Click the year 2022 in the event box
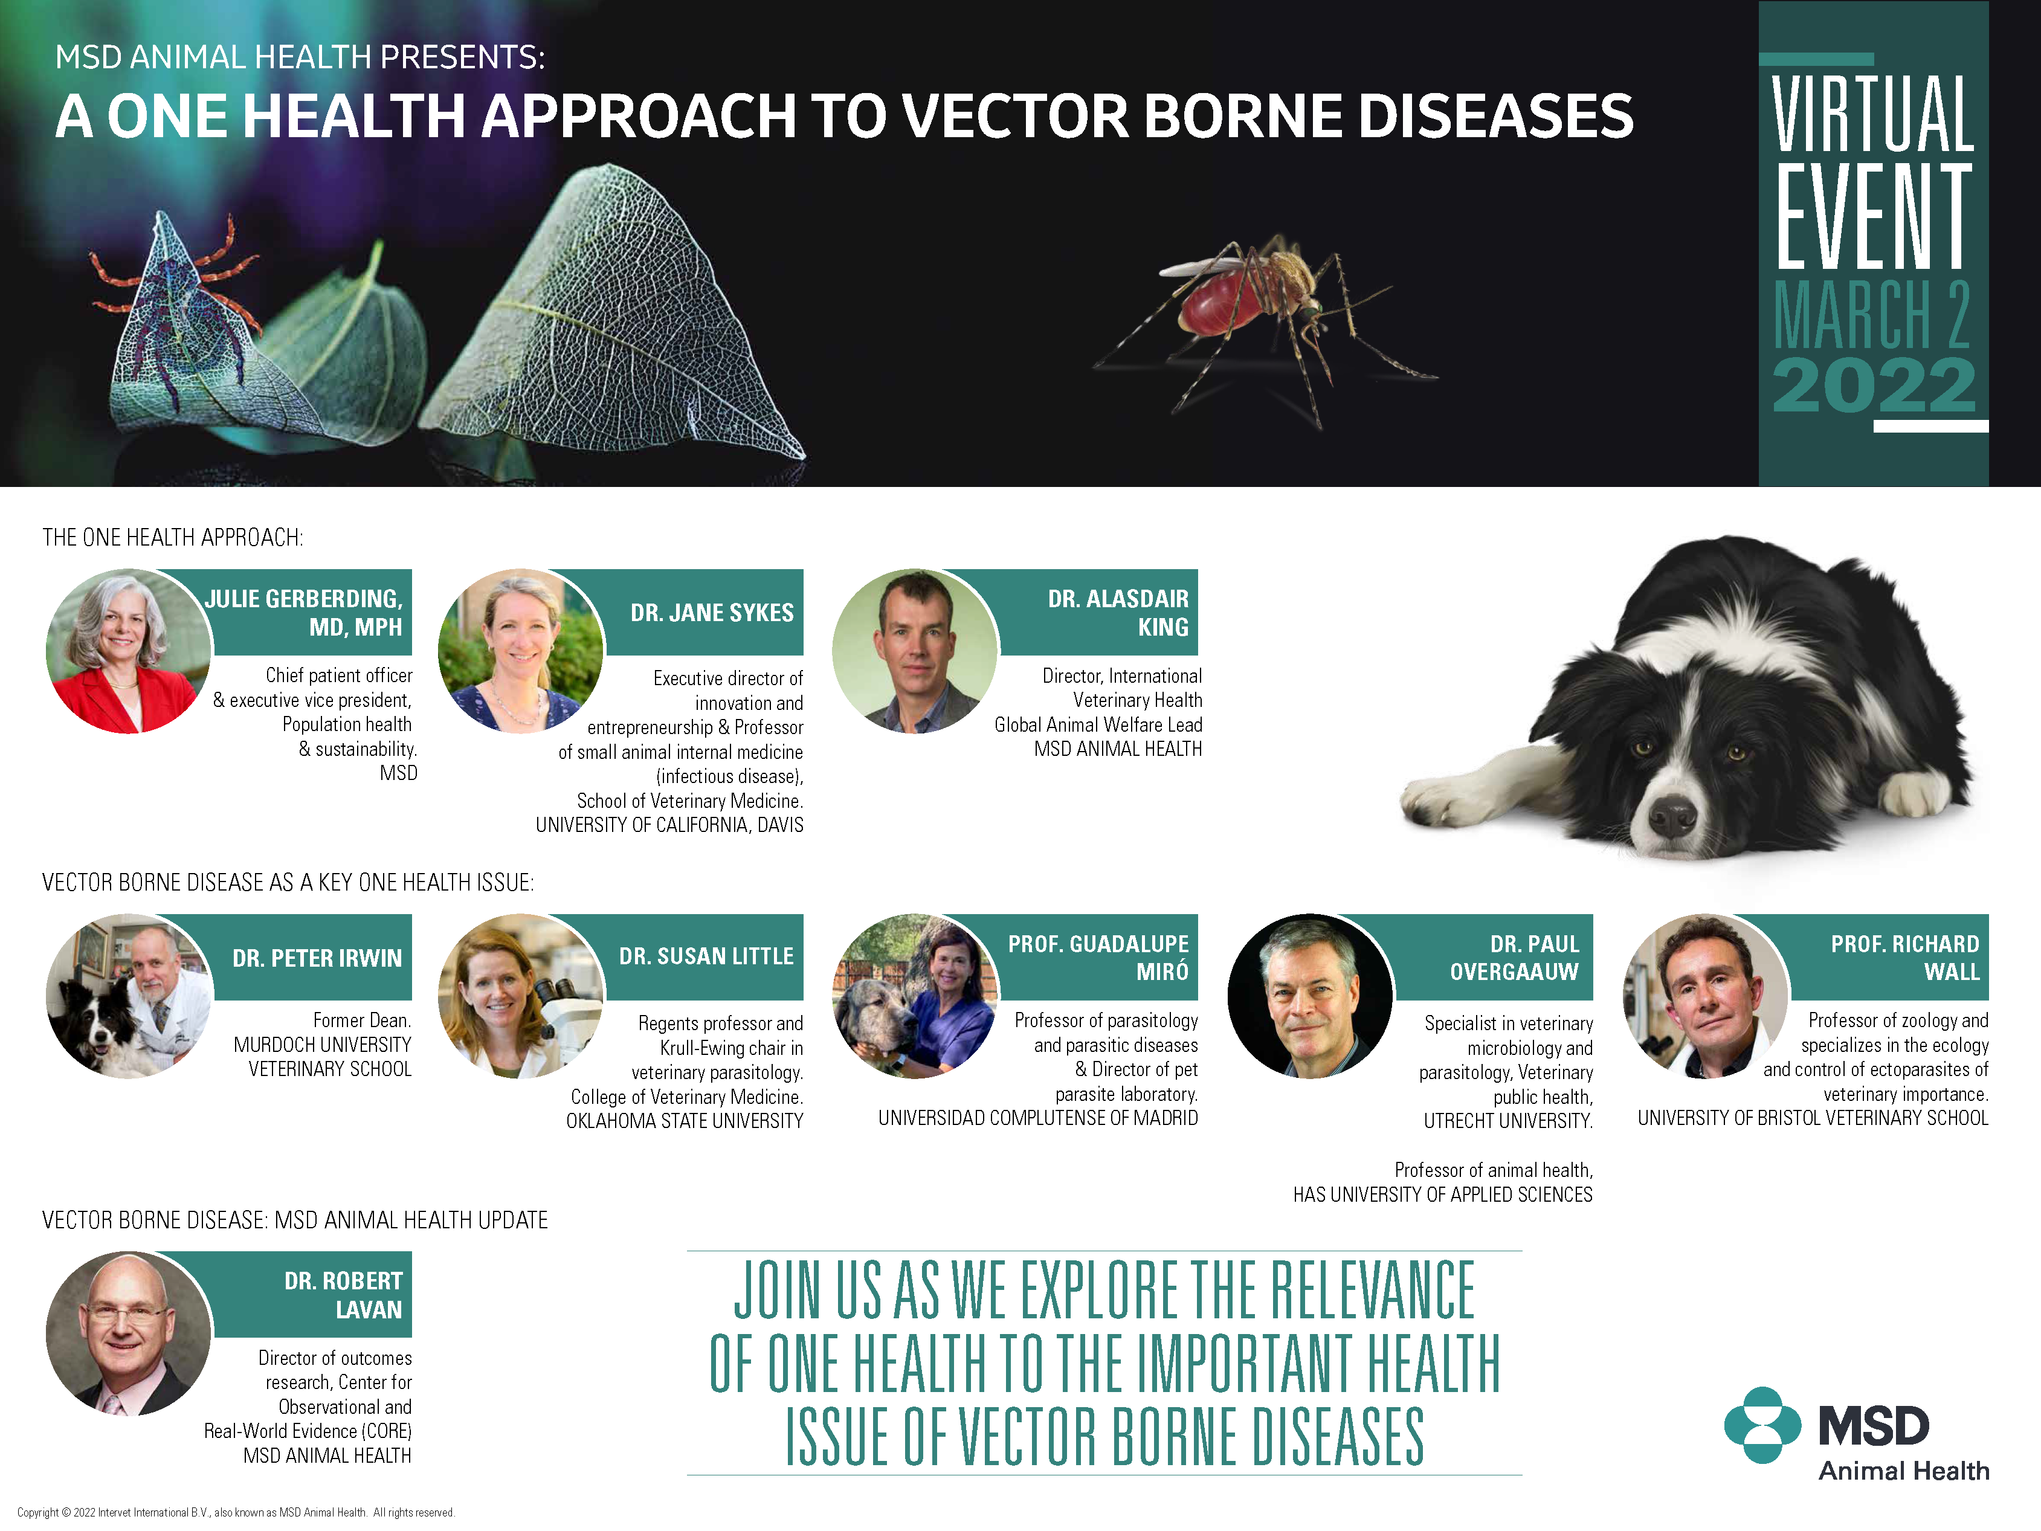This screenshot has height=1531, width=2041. (x=1873, y=385)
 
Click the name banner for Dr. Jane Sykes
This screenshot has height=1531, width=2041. (x=711, y=612)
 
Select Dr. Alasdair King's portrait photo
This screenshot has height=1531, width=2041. (x=914, y=651)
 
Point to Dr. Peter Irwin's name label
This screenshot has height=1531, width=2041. (x=317, y=958)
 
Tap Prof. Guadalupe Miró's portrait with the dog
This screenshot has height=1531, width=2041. (x=914, y=997)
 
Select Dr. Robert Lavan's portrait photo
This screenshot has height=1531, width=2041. (x=127, y=1333)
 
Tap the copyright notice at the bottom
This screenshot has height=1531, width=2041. (x=235, y=1512)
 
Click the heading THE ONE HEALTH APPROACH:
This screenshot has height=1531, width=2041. (x=173, y=537)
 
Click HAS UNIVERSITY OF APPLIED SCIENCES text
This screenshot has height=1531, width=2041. (x=1442, y=1194)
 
